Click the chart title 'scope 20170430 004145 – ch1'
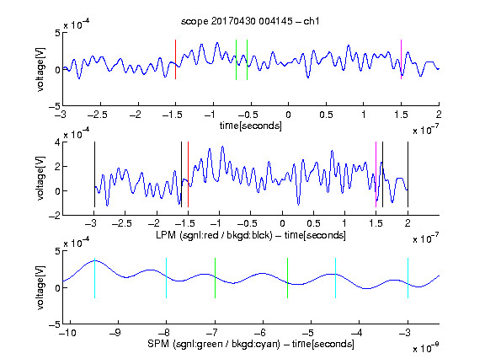tap(250, 21)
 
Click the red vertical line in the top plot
tap(175, 59)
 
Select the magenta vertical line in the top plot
tap(401, 59)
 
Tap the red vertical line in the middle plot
tap(188, 174)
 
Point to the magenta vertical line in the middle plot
tap(376, 174)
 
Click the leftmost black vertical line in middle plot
tap(94, 174)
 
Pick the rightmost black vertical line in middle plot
tap(408, 174)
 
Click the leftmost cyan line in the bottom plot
tap(94, 278)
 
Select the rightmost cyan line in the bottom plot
tap(408, 278)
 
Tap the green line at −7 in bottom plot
tap(215, 278)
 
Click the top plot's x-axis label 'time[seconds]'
tap(251, 126)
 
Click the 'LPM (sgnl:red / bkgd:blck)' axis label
tap(214, 235)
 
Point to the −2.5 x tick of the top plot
tap(98, 115)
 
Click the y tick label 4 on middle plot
tap(57, 143)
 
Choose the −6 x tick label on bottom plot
tap(260, 333)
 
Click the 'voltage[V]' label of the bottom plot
tap(40, 287)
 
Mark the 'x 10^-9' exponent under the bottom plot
tap(426, 348)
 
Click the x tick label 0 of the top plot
tap(288, 115)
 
